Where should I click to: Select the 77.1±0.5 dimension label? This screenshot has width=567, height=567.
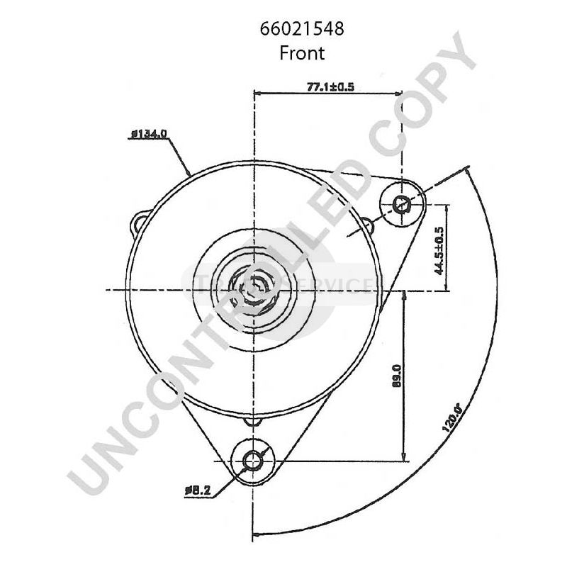[330, 86]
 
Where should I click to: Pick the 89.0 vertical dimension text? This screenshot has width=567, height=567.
[397, 376]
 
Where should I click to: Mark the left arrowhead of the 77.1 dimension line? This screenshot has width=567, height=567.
[257, 94]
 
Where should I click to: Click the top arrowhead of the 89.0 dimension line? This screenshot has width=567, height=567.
[404, 294]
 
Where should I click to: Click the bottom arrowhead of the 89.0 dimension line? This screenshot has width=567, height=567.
[404, 458]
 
